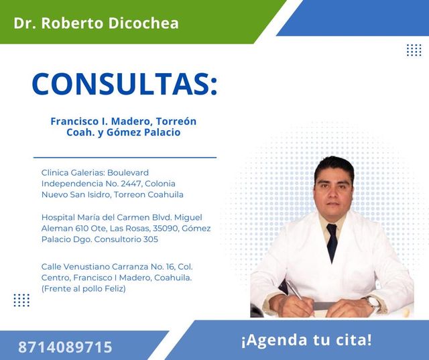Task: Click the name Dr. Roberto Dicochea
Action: [96, 23]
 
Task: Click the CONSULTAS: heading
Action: [125, 84]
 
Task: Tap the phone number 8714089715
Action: [65, 347]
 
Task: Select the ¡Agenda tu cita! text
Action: [306, 339]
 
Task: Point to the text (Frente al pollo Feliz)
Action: [83, 288]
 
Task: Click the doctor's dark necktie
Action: [331, 242]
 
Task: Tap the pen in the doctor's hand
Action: [296, 291]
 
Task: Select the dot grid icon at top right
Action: [414, 50]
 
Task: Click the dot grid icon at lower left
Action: [21, 300]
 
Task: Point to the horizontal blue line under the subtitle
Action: [125, 158]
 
